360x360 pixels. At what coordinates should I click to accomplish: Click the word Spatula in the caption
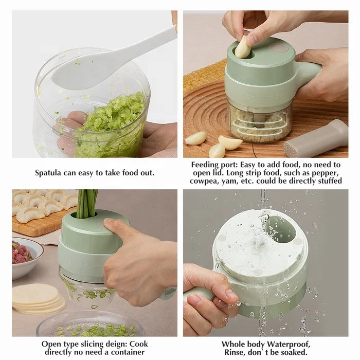[48, 173]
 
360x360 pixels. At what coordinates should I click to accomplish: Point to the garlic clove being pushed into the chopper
[243, 47]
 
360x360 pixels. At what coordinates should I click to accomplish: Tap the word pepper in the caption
[320, 173]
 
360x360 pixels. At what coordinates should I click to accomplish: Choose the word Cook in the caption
[137, 344]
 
